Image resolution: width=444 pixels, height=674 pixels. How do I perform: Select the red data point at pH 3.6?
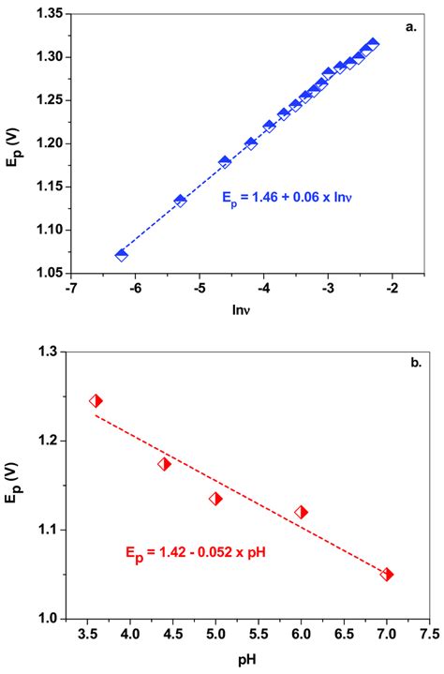(96, 400)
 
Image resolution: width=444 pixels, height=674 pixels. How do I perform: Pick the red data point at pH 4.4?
(164, 463)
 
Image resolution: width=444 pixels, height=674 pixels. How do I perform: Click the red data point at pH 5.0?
(215, 499)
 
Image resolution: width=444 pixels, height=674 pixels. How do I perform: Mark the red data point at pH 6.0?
(301, 512)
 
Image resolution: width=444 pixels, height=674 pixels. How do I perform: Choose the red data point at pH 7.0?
(387, 575)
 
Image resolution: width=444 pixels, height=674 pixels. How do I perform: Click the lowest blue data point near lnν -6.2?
(121, 255)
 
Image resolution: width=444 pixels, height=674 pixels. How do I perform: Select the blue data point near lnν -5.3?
(180, 201)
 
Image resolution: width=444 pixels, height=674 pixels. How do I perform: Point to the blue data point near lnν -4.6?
(225, 162)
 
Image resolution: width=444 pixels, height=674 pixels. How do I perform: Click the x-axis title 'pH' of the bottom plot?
(248, 659)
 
